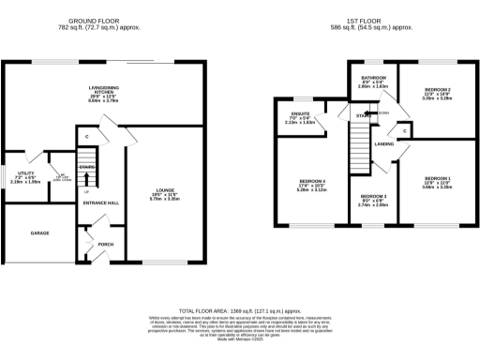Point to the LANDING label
coord(383,144)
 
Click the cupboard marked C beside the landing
coord(404,131)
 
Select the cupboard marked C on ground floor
coord(86,138)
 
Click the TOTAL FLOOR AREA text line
coord(239,309)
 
